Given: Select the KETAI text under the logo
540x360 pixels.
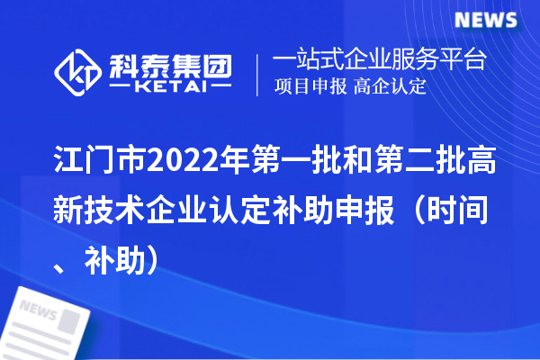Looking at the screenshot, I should (x=168, y=88).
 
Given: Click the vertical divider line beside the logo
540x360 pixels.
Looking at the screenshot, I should (x=259, y=75).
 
